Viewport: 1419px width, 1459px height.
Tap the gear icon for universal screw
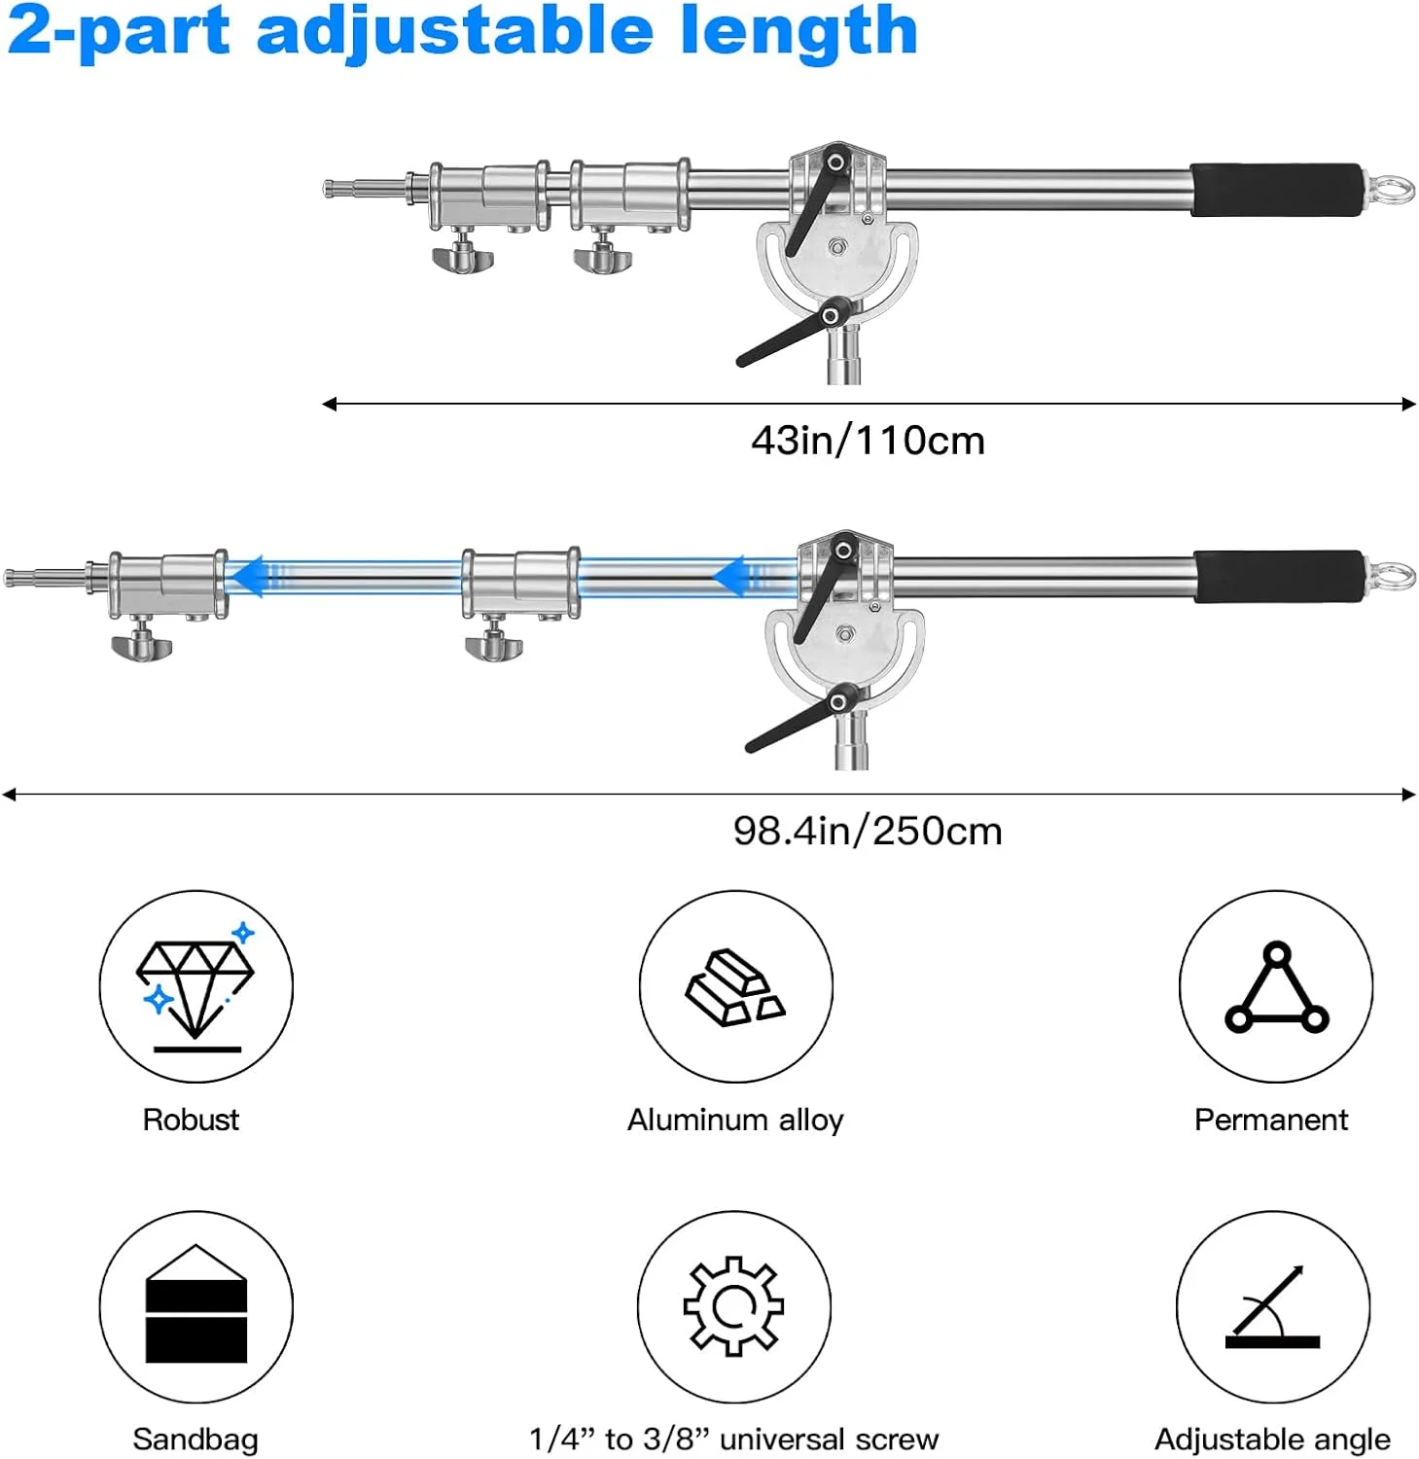click(x=734, y=1306)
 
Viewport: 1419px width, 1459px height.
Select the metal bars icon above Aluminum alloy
click(x=735, y=986)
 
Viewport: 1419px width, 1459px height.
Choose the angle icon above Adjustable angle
click(x=1272, y=1306)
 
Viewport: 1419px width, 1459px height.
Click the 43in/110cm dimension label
click(x=868, y=441)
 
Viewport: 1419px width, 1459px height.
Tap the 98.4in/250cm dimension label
click(x=868, y=832)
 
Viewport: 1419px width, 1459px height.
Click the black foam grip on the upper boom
click(x=1277, y=190)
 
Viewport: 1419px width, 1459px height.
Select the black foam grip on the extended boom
click(x=1279, y=576)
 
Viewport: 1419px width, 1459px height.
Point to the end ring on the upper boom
click(x=1391, y=189)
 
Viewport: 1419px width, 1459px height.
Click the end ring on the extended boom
click(x=1392, y=576)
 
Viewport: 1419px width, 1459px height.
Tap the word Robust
click(x=191, y=1120)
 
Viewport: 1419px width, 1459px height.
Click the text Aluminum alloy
click(x=735, y=1121)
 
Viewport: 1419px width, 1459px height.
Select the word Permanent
click(x=1271, y=1121)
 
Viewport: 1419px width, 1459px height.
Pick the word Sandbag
click(x=195, y=1440)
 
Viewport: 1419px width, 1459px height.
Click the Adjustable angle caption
click(x=1272, y=1440)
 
